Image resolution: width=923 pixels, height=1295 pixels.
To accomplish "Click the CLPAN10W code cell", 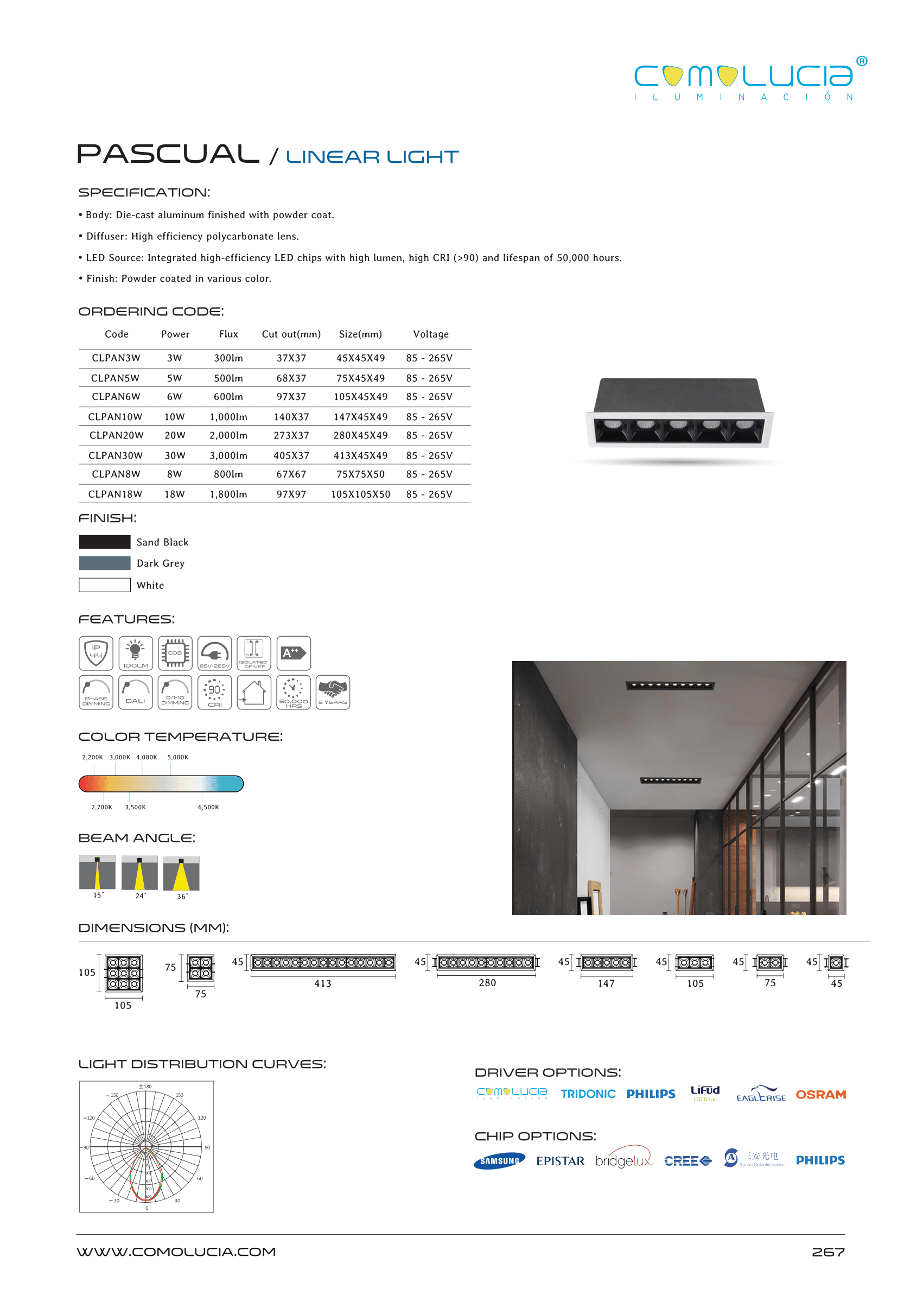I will (115, 417).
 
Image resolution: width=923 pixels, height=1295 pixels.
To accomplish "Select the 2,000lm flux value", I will (228, 435).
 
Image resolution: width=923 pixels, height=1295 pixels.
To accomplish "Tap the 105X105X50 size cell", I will (360, 494).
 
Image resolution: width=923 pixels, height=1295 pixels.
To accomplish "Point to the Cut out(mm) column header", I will (291, 334).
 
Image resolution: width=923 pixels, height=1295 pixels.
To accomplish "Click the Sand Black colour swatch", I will (105, 542).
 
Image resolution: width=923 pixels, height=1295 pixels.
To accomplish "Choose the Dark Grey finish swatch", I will (105, 563).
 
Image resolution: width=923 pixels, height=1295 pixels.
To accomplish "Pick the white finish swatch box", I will (105, 585).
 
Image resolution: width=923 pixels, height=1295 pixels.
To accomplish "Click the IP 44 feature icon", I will (96, 652).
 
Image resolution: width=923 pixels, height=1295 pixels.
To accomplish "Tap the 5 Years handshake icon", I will (333, 692).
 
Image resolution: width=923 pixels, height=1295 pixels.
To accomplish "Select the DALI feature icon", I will (135, 692).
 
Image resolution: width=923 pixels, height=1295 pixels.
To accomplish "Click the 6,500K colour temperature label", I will (208, 807).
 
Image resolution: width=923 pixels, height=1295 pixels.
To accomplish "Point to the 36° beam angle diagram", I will (181, 874).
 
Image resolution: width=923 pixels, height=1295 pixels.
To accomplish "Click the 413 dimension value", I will (323, 983).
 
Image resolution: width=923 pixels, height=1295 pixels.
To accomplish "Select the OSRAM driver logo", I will (820, 1094).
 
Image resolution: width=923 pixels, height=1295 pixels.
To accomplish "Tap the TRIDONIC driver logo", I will (588, 1094).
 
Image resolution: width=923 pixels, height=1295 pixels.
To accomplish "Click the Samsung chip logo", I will (500, 1161).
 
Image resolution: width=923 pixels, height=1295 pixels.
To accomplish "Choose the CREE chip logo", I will (688, 1161).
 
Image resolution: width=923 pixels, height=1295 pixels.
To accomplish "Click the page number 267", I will (827, 1252).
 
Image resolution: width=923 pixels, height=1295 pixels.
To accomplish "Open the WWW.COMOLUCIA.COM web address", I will (176, 1252).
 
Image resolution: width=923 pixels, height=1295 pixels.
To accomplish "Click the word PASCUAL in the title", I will (168, 154).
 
